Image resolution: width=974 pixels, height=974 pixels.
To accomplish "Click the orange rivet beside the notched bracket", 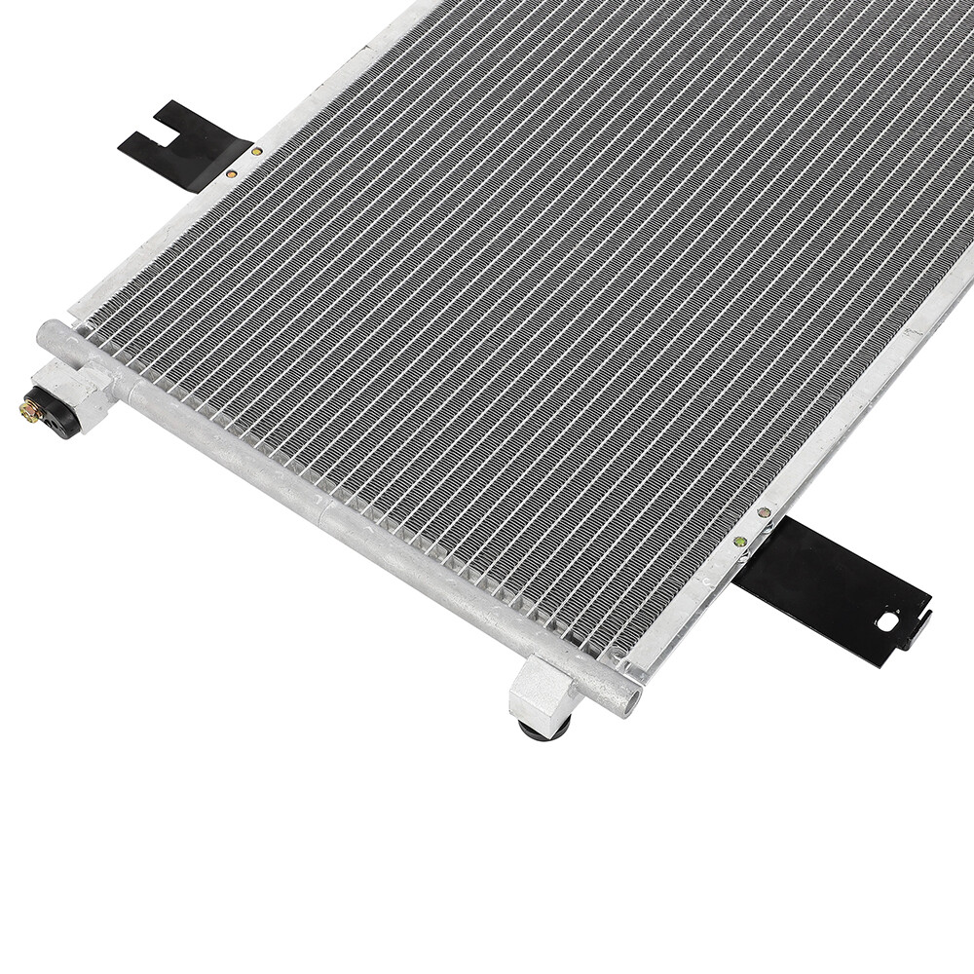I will (x=231, y=173).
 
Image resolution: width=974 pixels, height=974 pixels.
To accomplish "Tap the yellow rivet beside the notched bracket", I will (x=256, y=152).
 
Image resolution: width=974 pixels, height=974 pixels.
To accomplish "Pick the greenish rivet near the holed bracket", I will (x=740, y=542).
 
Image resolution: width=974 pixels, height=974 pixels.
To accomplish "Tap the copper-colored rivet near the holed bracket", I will (x=765, y=511).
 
